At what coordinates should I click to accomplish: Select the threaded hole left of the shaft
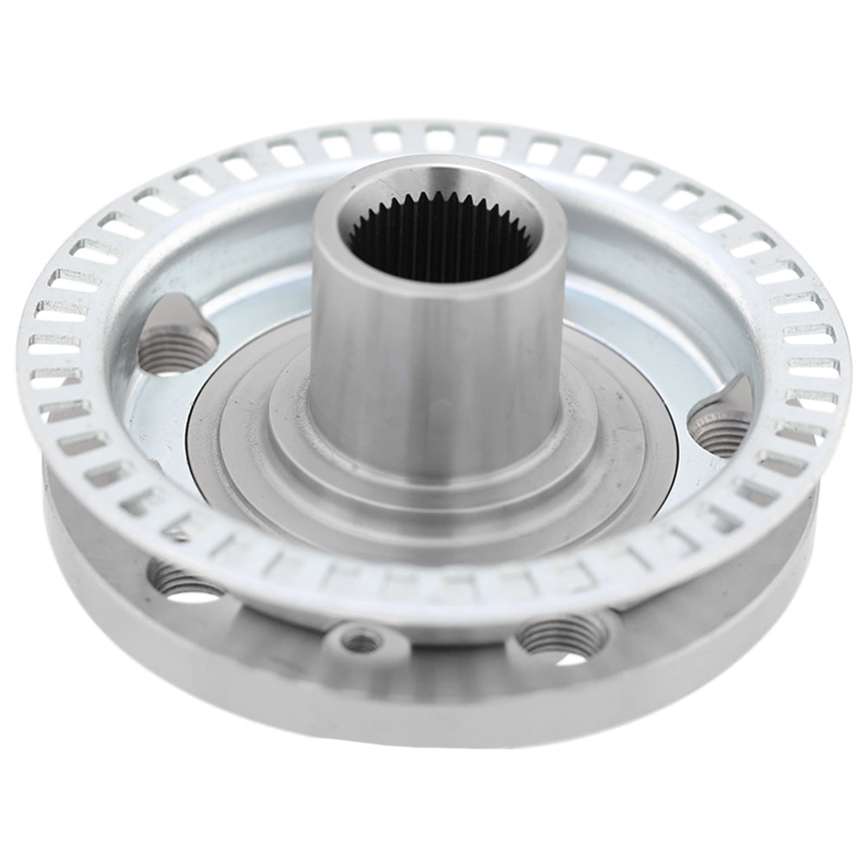(x=166, y=355)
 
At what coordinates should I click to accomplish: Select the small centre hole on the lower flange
(x=361, y=642)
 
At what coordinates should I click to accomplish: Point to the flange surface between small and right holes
(x=450, y=645)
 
